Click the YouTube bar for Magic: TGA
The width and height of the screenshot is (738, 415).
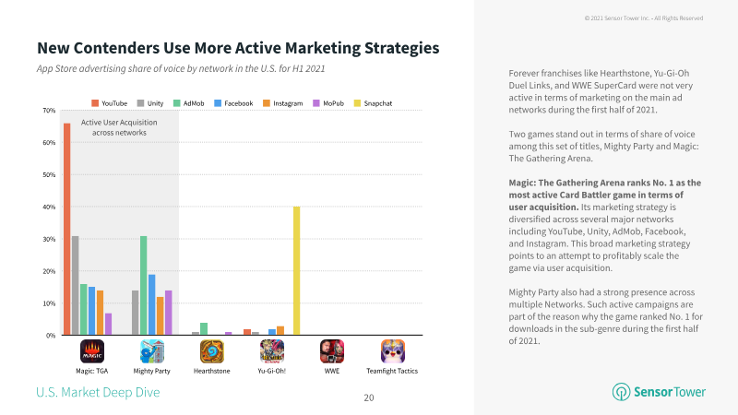pyautogui.click(x=66, y=229)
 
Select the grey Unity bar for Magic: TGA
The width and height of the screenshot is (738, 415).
pyautogui.click(x=76, y=286)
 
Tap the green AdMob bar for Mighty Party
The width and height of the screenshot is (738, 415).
pyautogui.click(x=144, y=286)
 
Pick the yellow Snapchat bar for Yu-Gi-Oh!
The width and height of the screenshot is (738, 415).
pyautogui.click(x=296, y=271)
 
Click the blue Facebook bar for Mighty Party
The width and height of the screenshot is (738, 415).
pyautogui.click(x=151, y=305)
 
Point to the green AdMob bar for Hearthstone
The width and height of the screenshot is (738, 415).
pyautogui.click(x=204, y=329)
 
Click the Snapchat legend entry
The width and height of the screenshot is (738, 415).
pyautogui.click(x=373, y=103)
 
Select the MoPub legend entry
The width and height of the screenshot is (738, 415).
pyautogui.click(x=328, y=103)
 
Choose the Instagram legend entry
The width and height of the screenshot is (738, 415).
pyautogui.click(x=283, y=103)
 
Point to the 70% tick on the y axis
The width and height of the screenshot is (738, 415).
pyautogui.click(x=49, y=111)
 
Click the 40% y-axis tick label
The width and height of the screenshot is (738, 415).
pyautogui.click(x=49, y=207)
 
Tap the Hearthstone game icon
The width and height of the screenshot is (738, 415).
pyautogui.click(x=212, y=351)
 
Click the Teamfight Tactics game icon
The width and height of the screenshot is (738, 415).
pyautogui.click(x=393, y=351)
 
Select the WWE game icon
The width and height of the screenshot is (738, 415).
pyautogui.click(x=332, y=351)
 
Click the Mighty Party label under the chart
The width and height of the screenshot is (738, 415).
pyautogui.click(x=151, y=371)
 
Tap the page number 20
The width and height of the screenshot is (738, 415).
pyautogui.click(x=369, y=398)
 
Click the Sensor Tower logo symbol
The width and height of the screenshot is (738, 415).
pyautogui.click(x=621, y=392)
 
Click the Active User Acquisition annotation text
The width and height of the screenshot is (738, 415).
pyautogui.click(x=119, y=127)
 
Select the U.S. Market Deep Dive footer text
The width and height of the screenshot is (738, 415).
pyautogui.click(x=98, y=393)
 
